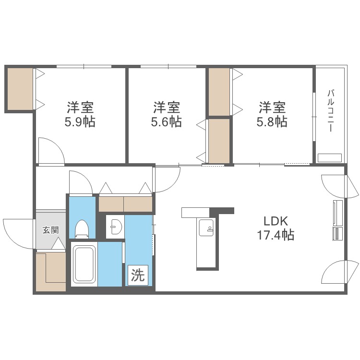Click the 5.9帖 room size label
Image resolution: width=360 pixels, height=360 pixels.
tap(80, 122)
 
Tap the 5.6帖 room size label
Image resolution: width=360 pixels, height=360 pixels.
tap(166, 122)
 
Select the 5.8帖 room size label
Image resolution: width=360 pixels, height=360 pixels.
tap(272, 122)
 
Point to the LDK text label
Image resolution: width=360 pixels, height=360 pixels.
tap(276, 221)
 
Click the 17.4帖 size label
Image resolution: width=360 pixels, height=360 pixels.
tap(276, 235)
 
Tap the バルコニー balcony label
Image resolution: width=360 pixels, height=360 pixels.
tap(331, 111)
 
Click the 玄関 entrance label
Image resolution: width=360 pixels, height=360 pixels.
tap(51, 230)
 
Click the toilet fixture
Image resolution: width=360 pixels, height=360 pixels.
tap(82, 228)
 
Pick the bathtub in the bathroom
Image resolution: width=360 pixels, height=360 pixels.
tap(84, 264)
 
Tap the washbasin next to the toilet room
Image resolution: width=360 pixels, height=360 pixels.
tap(115, 227)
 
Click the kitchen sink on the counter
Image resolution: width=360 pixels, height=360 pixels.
tap(206, 228)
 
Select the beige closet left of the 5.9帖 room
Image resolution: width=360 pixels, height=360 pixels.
tap(20, 89)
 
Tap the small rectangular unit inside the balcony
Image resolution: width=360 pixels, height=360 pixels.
tap(330, 158)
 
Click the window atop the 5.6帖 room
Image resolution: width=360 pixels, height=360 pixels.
tap(168, 67)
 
